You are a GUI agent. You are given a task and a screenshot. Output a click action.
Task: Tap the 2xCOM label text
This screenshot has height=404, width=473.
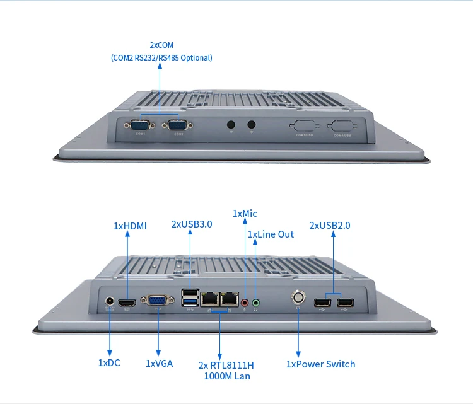click(161, 45)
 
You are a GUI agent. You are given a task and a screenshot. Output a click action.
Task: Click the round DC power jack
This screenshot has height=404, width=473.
click(110, 303)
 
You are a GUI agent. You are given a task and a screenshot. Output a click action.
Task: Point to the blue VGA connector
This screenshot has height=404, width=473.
click(157, 303)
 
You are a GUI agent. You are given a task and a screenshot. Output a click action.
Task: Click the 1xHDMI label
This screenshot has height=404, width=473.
click(130, 226)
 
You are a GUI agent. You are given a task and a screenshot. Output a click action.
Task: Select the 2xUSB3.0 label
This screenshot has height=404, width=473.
click(192, 224)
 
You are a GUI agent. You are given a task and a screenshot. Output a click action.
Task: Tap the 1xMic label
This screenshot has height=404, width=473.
click(245, 214)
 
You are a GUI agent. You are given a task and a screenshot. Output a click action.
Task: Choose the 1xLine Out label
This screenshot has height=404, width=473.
click(271, 234)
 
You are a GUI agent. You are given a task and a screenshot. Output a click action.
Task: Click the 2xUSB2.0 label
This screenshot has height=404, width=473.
click(330, 225)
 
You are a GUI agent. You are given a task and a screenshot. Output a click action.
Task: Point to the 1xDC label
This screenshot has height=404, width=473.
click(109, 363)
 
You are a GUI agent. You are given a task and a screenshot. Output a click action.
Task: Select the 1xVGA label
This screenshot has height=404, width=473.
click(159, 363)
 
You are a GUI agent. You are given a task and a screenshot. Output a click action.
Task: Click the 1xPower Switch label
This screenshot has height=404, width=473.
click(320, 364)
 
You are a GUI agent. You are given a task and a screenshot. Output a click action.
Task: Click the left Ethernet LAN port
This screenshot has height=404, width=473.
click(208, 298)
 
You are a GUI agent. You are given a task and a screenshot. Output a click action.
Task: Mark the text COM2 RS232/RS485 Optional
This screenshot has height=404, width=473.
click(161, 58)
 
